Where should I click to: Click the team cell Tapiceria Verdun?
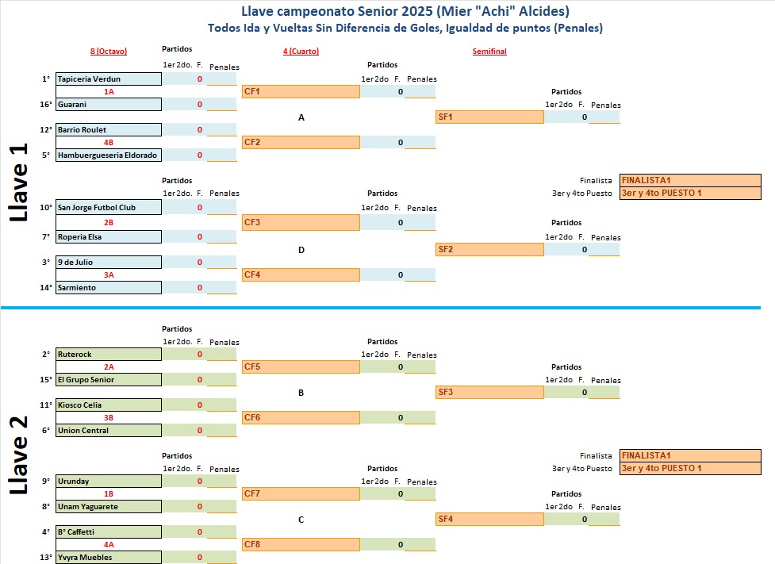click(x=108, y=79)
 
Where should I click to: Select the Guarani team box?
click(x=108, y=105)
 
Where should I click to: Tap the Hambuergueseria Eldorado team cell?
click(x=108, y=155)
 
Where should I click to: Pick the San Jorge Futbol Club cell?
click(x=108, y=208)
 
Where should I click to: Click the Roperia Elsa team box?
click(x=108, y=237)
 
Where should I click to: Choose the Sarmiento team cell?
click(x=108, y=288)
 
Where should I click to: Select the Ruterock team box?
click(x=108, y=355)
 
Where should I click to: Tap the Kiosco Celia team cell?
click(x=108, y=405)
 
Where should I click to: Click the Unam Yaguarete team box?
click(x=108, y=507)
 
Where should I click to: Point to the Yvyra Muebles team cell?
click(x=108, y=558)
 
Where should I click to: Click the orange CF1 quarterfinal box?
click(x=301, y=92)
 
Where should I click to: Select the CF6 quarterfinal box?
click(x=301, y=418)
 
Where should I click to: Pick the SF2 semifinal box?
click(x=489, y=250)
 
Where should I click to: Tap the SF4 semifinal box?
click(x=489, y=520)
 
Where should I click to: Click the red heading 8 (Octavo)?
click(x=109, y=52)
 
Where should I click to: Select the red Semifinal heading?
click(x=489, y=52)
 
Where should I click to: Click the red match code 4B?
click(x=109, y=143)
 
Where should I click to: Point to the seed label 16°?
click(x=46, y=105)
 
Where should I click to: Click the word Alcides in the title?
click(x=543, y=11)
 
